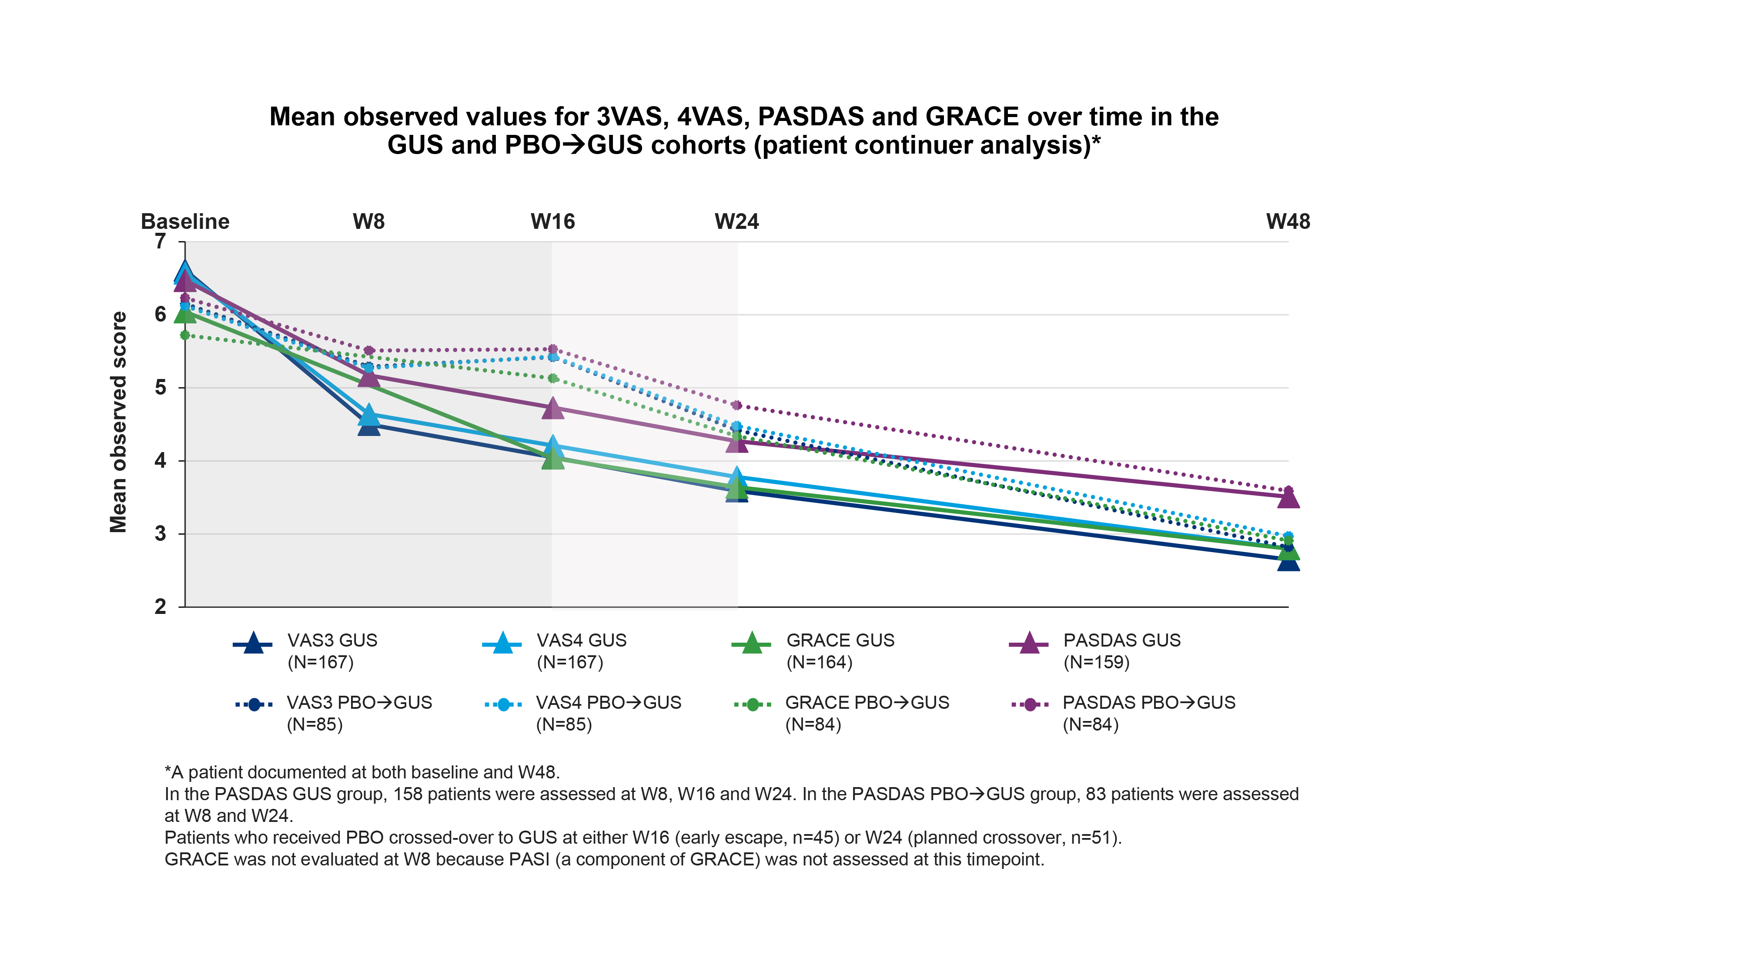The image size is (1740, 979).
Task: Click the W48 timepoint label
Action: (x=1288, y=221)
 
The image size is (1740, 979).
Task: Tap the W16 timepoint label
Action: (x=552, y=221)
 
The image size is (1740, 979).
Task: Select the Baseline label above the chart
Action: (x=185, y=221)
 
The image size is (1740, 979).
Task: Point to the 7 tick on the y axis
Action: (x=160, y=241)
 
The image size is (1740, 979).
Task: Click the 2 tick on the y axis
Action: (x=160, y=607)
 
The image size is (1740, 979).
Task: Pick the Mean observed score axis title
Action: (x=118, y=422)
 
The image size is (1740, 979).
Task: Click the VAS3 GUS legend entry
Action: (x=331, y=640)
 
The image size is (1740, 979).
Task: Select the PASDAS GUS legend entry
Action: (x=1121, y=640)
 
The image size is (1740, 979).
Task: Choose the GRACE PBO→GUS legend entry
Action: (x=867, y=703)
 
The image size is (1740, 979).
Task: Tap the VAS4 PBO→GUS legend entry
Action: (x=608, y=703)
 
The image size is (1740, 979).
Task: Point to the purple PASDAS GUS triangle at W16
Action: (x=552, y=409)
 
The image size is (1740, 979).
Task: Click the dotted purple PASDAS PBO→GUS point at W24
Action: (x=736, y=406)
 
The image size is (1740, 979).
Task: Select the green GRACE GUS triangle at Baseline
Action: (x=185, y=314)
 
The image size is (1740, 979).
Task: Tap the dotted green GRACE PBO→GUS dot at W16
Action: (x=552, y=379)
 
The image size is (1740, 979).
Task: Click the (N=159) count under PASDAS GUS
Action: (x=1096, y=662)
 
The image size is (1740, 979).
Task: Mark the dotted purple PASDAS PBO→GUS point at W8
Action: (x=369, y=351)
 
